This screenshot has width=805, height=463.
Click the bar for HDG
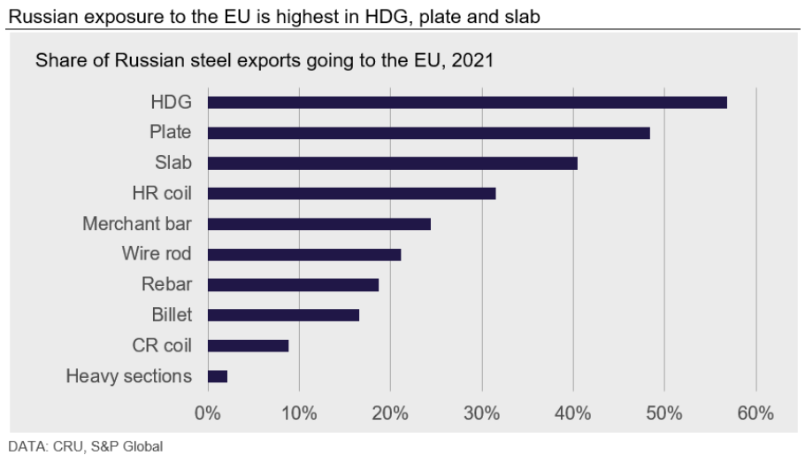466,102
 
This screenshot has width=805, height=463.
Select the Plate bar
428,133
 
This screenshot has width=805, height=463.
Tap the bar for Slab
392,163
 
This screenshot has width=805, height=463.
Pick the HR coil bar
351,193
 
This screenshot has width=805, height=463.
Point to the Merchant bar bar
318,224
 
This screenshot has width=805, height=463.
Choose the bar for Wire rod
303,254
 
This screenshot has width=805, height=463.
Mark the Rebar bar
293,285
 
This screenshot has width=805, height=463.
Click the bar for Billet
283,315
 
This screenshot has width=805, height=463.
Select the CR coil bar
248,345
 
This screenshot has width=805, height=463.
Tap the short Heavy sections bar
217,376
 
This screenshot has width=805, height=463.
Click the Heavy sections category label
128,376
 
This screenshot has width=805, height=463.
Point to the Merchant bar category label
137,224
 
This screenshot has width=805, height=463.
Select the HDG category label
171,102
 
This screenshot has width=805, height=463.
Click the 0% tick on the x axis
207,413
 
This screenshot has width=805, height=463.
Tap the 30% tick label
481,413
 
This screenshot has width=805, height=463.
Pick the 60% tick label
755,413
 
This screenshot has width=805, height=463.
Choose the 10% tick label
298,413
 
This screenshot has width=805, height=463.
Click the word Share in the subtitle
57,62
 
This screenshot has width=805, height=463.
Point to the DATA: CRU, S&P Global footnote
86,447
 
